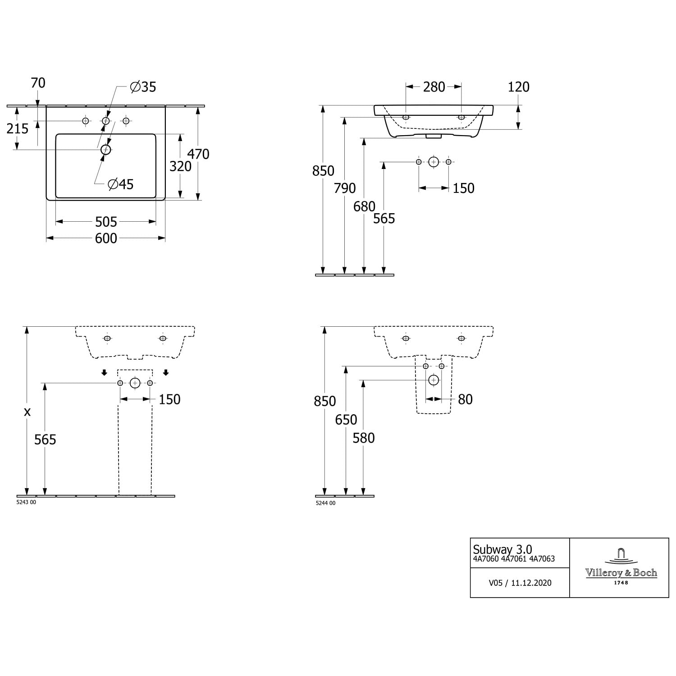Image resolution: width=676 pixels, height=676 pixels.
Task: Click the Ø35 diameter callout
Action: coord(143,87)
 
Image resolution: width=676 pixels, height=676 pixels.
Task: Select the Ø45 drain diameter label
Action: coord(121,184)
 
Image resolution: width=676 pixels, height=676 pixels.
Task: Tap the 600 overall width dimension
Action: coord(106,238)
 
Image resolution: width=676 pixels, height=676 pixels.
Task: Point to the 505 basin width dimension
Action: coord(106,221)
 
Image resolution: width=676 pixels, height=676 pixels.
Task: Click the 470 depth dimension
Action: coord(198,154)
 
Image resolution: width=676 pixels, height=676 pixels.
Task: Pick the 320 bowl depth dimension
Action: coord(180,166)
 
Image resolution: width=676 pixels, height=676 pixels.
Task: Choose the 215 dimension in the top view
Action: coord(18,129)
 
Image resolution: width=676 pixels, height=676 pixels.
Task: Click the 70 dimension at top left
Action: coord(38,83)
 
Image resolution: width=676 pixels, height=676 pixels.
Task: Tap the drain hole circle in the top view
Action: coord(105,149)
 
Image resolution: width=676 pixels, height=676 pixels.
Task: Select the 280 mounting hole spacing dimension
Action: coord(434,87)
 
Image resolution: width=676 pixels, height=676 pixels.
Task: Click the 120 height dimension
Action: coord(518,87)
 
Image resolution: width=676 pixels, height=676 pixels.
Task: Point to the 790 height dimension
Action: coord(345,188)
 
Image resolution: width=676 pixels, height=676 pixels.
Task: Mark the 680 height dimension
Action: coord(364,206)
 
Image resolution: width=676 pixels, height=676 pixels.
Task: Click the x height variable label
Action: coord(27,411)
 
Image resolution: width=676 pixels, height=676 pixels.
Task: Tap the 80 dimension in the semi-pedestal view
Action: coord(465,399)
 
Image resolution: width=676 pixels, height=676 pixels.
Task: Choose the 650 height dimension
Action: coord(346,420)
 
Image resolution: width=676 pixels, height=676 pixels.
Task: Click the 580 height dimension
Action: coord(363,438)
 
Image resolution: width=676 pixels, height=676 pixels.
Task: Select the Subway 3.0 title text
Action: coord(502,549)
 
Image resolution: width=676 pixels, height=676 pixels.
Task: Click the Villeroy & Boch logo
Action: coord(621,567)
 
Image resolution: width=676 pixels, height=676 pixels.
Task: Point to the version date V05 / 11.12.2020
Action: coord(520,583)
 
